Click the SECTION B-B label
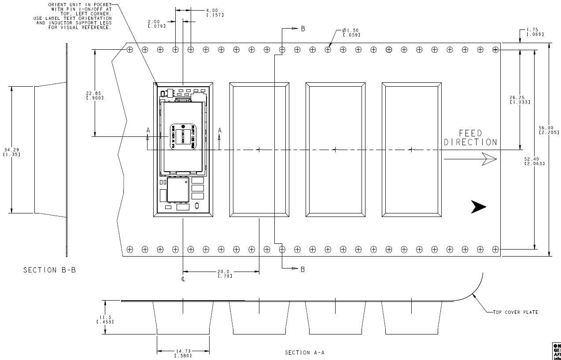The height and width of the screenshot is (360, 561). tap(49, 270)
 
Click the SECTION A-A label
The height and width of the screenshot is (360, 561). tap(305, 353)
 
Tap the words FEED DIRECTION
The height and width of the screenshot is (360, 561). tap(470, 138)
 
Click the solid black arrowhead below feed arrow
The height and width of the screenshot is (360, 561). tap(478, 207)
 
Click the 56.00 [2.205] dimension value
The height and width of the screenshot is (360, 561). tap(549, 130)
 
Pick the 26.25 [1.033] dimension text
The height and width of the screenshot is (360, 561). tap(520, 100)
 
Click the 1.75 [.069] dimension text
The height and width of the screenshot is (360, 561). tap(532, 32)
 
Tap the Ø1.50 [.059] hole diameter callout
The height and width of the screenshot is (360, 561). tap(351, 33)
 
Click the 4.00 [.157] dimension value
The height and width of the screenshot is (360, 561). tap(215, 13)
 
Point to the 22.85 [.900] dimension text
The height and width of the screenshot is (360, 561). tap(95, 96)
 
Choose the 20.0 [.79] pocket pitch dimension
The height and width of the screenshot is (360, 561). tap(225, 274)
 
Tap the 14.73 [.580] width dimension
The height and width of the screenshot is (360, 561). tap(183, 353)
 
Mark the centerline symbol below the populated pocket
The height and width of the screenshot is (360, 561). tap(182, 279)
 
